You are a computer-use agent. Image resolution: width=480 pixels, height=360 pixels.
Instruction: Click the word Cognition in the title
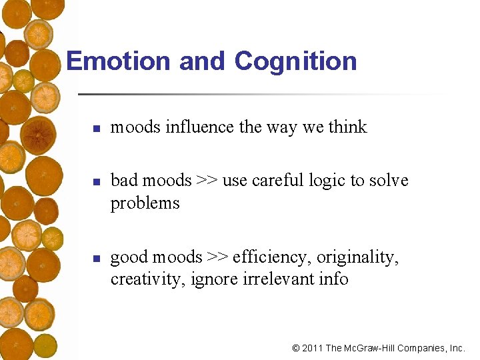[x=295, y=61]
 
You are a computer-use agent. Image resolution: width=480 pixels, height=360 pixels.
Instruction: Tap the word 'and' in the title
[x=203, y=61]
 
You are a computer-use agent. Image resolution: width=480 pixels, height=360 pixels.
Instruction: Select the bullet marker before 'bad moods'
[x=96, y=182]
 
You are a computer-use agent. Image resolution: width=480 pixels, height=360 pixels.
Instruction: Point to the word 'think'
[x=347, y=127]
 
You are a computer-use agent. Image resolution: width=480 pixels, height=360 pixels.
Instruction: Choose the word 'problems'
[x=145, y=203]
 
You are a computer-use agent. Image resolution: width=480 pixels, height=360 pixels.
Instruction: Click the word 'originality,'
[x=358, y=257]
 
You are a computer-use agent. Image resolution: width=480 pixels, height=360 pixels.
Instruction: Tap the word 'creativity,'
[x=148, y=279]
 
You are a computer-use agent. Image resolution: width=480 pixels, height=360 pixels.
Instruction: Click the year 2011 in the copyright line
[x=312, y=348]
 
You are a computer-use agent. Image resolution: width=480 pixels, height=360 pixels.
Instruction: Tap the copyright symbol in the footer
[x=296, y=348]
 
